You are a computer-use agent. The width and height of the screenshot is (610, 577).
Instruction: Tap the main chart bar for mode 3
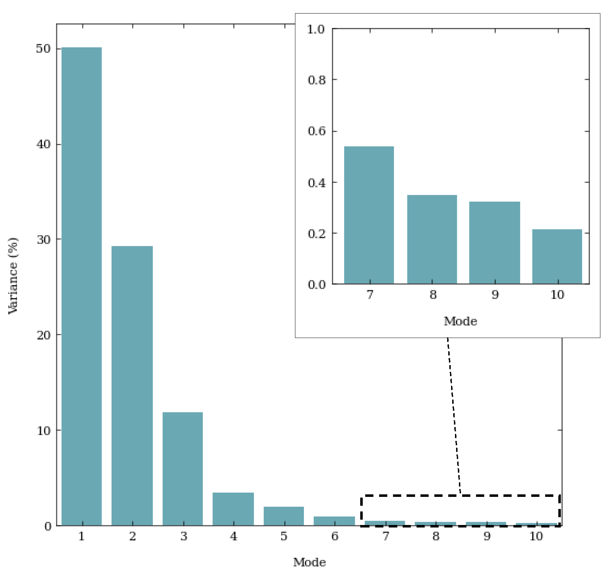183,468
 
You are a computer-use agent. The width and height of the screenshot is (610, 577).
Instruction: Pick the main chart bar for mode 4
233,509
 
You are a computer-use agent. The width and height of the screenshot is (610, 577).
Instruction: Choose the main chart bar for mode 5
284,516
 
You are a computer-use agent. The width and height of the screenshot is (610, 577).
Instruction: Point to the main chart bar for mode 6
334,521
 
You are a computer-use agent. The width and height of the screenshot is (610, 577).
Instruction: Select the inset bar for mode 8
432,239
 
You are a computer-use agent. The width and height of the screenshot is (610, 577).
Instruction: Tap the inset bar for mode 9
495,243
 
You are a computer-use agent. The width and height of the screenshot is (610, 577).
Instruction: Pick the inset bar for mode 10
557,256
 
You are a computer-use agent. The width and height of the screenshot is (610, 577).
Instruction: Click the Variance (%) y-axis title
13,276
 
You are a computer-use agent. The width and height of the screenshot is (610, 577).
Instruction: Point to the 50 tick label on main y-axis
43,49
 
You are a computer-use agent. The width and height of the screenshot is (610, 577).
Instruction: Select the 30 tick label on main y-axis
43,240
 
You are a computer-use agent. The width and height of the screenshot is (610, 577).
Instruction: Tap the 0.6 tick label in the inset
317,131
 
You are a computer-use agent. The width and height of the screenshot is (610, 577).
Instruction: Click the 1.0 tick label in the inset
316,29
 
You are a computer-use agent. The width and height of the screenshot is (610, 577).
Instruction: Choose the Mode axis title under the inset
460,321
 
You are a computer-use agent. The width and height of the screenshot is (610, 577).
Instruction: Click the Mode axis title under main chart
309,562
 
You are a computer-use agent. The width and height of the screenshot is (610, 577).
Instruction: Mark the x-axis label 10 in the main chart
536,536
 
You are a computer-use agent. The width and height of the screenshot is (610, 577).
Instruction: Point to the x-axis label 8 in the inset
433,295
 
